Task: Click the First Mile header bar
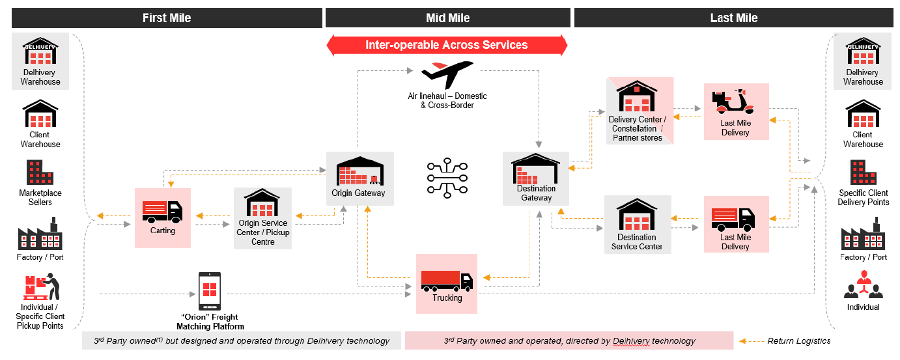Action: [167, 18]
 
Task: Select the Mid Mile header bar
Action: [448, 18]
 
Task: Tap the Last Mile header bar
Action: [734, 18]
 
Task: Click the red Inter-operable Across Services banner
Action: [447, 45]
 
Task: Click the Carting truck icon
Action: [162, 210]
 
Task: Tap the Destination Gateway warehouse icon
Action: [535, 170]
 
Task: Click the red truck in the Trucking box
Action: [447, 279]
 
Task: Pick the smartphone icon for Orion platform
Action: [210, 291]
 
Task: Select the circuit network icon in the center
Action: [447, 177]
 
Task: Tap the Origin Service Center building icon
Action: [262, 204]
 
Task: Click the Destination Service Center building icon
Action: [637, 214]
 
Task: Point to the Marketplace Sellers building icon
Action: [40, 173]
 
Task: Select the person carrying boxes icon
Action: [41, 287]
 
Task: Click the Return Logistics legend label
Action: [798, 340]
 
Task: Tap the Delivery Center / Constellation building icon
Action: [637, 98]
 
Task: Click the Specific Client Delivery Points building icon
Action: [863, 173]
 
